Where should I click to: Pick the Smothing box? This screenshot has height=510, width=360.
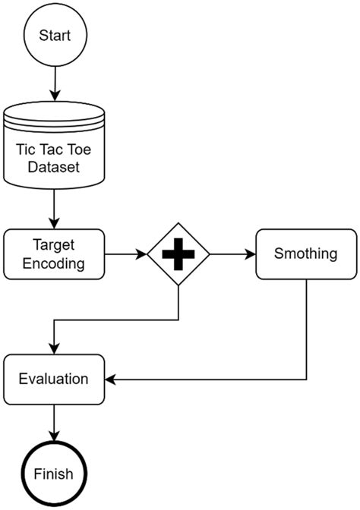click(x=305, y=254)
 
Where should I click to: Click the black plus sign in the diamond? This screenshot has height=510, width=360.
click(x=178, y=255)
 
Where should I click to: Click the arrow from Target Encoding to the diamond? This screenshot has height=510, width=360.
click(x=125, y=254)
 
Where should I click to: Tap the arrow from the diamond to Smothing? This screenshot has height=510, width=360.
click(x=231, y=254)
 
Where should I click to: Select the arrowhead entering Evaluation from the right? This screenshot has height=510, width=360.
click(x=109, y=378)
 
